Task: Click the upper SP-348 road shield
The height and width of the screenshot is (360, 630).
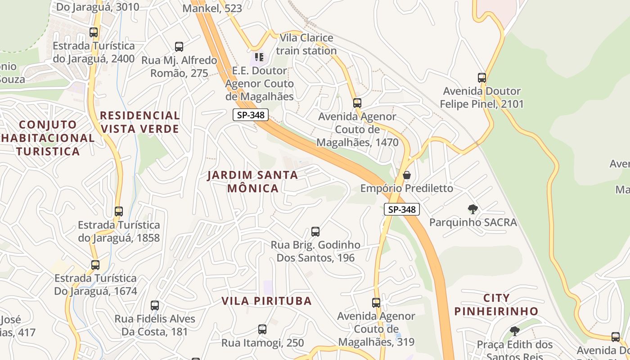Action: (x=251, y=115)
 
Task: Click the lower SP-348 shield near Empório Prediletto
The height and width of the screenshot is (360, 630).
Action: (x=401, y=209)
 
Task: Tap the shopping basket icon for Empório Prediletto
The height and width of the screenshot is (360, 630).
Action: (x=407, y=175)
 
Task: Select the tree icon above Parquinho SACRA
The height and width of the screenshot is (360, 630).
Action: (x=472, y=209)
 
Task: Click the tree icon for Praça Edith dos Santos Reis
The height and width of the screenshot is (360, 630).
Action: (x=515, y=332)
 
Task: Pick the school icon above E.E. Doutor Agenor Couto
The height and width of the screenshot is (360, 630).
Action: (x=259, y=57)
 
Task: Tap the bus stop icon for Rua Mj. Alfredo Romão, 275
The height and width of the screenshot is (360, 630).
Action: (x=179, y=47)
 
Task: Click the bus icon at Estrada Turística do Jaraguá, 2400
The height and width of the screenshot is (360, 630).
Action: (x=94, y=32)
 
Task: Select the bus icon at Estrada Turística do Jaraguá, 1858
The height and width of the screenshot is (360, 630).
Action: (x=119, y=211)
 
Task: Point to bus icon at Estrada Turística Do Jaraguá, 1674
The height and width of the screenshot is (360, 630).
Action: (x=95, y=265)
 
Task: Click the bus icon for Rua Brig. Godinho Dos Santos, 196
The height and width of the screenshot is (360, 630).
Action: (x=315, y=232)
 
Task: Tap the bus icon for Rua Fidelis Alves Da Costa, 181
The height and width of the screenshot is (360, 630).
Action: (x=155, y=306)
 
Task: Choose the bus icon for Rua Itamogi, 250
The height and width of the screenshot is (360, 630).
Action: (x=262, y=329)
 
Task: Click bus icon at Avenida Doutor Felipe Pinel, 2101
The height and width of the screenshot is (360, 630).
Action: (x=482, y=78)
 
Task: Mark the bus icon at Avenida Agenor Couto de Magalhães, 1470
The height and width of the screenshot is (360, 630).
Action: (x=357, y=103)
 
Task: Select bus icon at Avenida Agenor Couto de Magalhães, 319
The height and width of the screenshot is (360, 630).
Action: (x=376, y=303)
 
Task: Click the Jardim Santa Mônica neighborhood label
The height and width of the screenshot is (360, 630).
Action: (x=252, y=181)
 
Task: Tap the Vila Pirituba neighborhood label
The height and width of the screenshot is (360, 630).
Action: (x=266, y=301)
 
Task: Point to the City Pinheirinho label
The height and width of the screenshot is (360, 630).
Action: (x=496, y=305)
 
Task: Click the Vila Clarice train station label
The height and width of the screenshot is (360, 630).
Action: (x=306, y=44)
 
